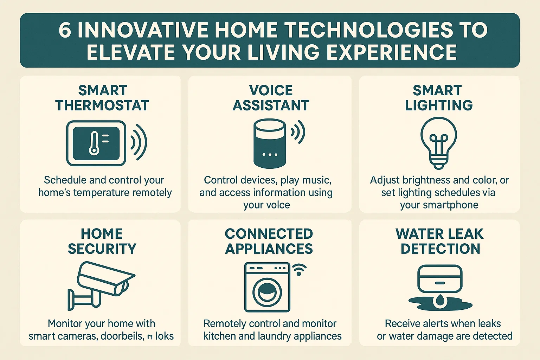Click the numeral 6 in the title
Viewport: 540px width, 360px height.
click(x=65, y=30)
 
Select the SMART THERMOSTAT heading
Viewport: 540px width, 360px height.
click(x=102, y=98)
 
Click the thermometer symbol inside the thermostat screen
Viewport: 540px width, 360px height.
click(x=94, y=143)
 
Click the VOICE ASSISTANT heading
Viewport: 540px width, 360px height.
click(x=271, y=98)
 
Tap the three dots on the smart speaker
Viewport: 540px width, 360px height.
click(x=270, y=155)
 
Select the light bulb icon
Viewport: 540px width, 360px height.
click(x=439, y=142)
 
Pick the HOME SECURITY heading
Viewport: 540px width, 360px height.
click(x=102, y=241)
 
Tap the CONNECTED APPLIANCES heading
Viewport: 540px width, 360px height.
click(x=269, y=241)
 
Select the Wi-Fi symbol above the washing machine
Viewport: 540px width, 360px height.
click(x=299, y=270)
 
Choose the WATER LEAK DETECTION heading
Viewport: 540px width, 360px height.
click(x=439, y=241)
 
